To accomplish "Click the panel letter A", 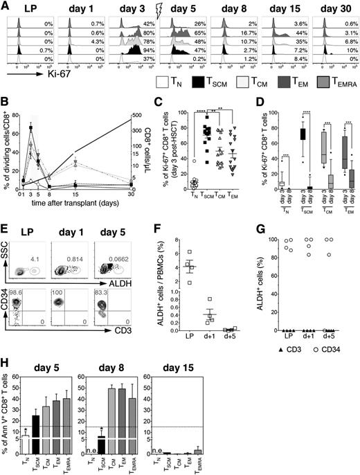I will tap(5, 6).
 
